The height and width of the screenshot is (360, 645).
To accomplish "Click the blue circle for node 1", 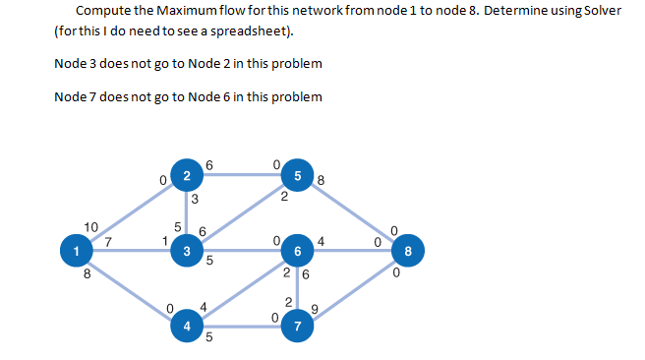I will coord(75,251).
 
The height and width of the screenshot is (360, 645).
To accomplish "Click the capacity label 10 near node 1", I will coord(91,227).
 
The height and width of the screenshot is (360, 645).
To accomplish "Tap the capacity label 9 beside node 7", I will coord(315,312).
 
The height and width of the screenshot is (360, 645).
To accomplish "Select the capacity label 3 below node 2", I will coord(195,200).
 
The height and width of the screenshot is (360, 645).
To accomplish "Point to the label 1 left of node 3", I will coord(166,238).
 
